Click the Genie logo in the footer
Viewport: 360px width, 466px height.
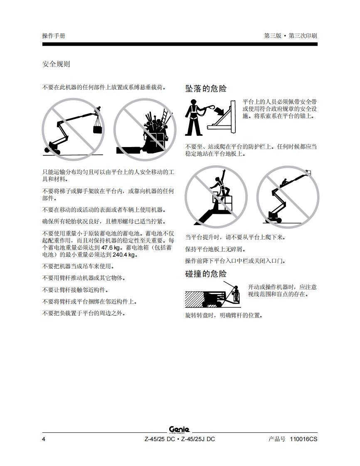click(180, 430)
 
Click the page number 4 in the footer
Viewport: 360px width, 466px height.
click(44, 439)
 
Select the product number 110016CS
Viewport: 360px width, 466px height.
click(303, 439)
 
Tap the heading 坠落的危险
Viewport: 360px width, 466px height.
click(206, 88)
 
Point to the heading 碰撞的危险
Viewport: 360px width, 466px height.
click(206, 274)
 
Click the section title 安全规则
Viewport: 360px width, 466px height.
click(56, 64)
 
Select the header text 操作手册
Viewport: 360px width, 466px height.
click(54, 36)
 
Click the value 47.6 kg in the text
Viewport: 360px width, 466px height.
click(111, 248)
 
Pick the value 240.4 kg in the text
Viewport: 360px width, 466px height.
click(124, 255)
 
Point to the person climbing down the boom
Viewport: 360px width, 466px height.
click(285, 181)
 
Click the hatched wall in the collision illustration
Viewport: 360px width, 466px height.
click(195, 299)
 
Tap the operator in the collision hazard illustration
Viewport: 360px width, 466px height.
click(236, 294)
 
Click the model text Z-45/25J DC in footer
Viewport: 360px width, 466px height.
click(198, 439)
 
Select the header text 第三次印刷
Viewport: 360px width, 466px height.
click(303, 36)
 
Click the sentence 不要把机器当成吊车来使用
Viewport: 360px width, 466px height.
click(78, 266)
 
